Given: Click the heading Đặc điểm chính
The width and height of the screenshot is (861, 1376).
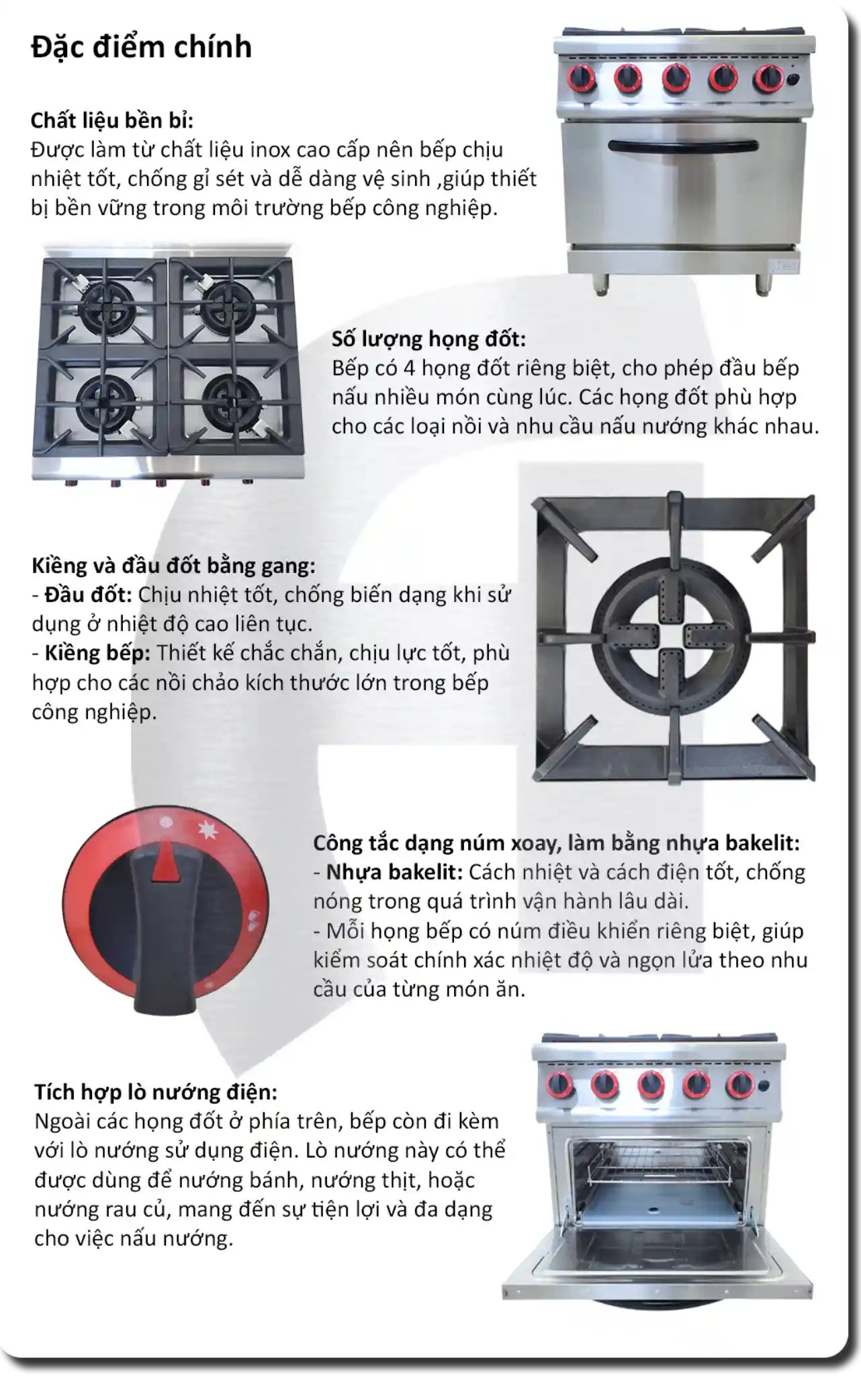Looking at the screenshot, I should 141,47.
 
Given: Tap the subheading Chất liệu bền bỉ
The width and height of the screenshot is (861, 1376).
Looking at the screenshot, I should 111,120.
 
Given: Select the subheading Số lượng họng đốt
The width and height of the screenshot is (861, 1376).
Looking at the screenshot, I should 428,339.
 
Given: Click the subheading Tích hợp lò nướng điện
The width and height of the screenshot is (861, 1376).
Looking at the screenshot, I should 155,1092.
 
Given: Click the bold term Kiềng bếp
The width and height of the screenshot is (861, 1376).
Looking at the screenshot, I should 97,653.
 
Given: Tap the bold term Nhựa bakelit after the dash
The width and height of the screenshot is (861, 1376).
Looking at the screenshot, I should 394,872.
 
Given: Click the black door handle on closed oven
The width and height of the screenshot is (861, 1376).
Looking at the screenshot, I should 683,146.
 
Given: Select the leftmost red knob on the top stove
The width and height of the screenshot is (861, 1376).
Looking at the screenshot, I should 582,78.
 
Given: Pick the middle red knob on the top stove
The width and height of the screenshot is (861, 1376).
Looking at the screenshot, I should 675,78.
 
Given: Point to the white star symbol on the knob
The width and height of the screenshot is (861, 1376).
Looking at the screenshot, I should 209,832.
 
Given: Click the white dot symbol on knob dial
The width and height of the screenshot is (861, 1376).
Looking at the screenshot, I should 167,822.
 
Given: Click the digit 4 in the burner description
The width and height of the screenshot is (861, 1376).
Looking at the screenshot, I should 409,368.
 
